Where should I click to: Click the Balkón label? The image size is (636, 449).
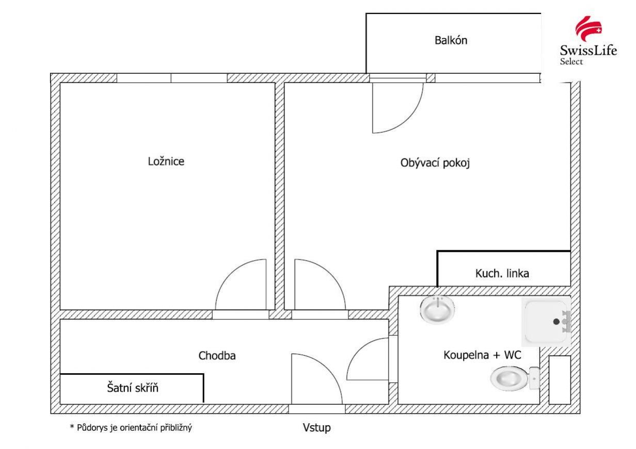451,40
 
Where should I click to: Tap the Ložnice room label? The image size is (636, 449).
166,161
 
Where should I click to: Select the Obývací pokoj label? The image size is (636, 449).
437,163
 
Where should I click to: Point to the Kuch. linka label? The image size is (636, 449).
502,274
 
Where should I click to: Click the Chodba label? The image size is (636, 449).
217,356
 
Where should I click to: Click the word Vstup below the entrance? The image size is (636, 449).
316,428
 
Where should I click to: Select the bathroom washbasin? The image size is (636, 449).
438,309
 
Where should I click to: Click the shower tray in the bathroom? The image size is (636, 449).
546,322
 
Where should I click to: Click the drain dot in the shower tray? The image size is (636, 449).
556,321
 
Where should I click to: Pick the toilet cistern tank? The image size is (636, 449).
534,378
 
